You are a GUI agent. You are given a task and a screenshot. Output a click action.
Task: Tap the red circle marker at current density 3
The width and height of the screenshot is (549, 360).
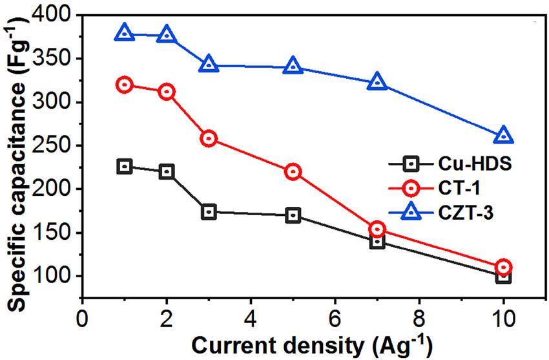[x=209, y=138]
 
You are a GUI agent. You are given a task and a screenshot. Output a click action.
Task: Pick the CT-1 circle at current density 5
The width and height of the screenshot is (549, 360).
[x=293, y=172]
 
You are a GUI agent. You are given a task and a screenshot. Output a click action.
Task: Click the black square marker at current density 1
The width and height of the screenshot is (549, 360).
[x=125, y=167]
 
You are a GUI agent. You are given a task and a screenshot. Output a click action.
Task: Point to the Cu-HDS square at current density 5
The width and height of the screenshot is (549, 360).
[x=293, y=215]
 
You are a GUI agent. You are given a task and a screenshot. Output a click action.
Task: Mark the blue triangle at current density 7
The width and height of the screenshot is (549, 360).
[x=377, y=82]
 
